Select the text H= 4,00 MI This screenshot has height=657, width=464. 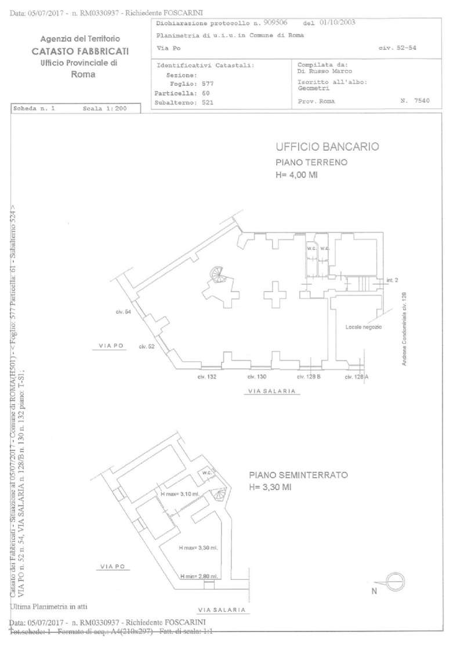[x=297, y=175]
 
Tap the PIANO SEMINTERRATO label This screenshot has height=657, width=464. [x=299, y=475]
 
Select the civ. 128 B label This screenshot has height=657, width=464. [x=309, y=377]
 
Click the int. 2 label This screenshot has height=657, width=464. [x=392, y=281]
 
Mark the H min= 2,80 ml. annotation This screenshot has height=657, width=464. [x=198, y=576]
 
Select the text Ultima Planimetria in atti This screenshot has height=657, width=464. [x=49, y=607]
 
